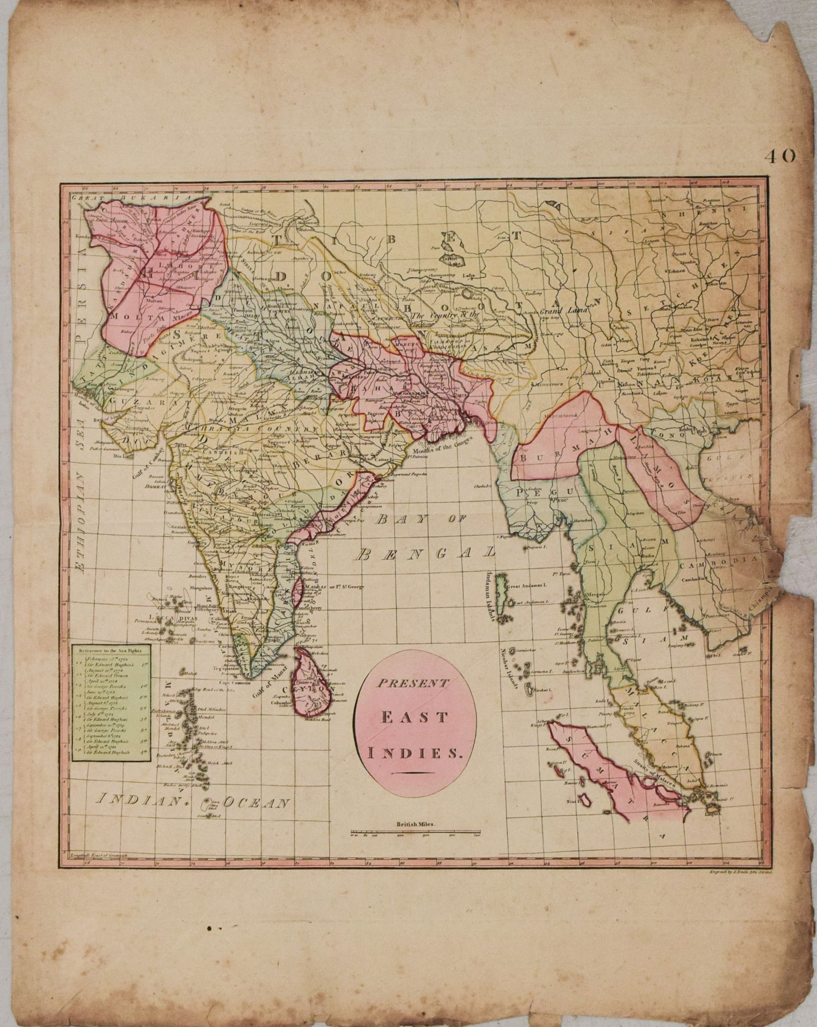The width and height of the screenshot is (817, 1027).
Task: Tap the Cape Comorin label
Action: [x=236, y=683]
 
